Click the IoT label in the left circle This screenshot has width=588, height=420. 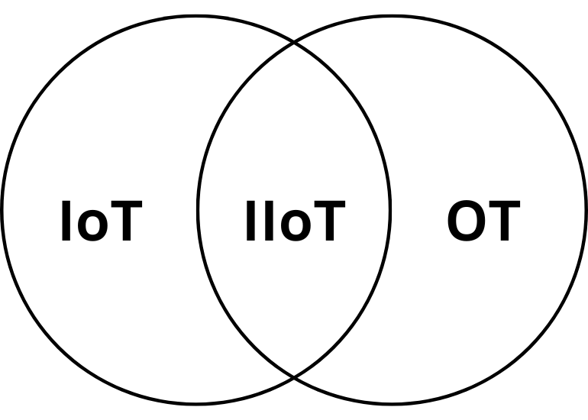coord(101,222)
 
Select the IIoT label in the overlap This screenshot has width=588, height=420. coord(294,222)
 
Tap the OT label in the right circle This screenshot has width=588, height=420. coord(483,222)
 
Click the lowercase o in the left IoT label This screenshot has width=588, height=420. coord(95,227)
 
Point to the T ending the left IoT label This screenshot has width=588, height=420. coord(125,222)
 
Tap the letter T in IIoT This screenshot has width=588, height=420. coord(327,222)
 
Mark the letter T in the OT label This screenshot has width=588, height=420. coord(503,222)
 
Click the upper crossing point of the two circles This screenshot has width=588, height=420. coord(294,43)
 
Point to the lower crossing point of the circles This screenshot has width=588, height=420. coord(294,376)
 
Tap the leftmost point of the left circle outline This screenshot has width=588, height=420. coord(2,210)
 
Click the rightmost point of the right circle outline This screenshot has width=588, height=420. coord(586,210)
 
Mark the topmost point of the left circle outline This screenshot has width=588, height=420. coord(196,17)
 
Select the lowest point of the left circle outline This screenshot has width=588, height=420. coord(196,402)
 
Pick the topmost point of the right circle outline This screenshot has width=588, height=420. coord(393,17)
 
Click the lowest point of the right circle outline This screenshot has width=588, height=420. coord(393,402)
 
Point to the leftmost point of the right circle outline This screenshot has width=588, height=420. coord(199,210)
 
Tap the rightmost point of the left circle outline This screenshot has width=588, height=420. coord(390,210)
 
